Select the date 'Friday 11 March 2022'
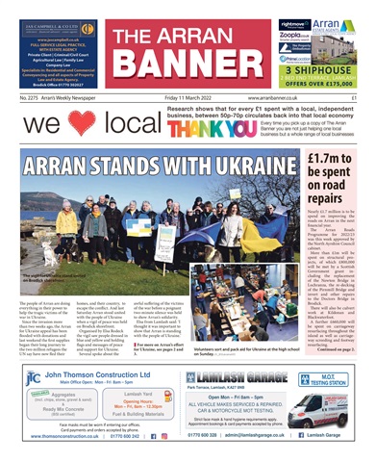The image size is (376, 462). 190,98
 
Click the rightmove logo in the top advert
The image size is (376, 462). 265,22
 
